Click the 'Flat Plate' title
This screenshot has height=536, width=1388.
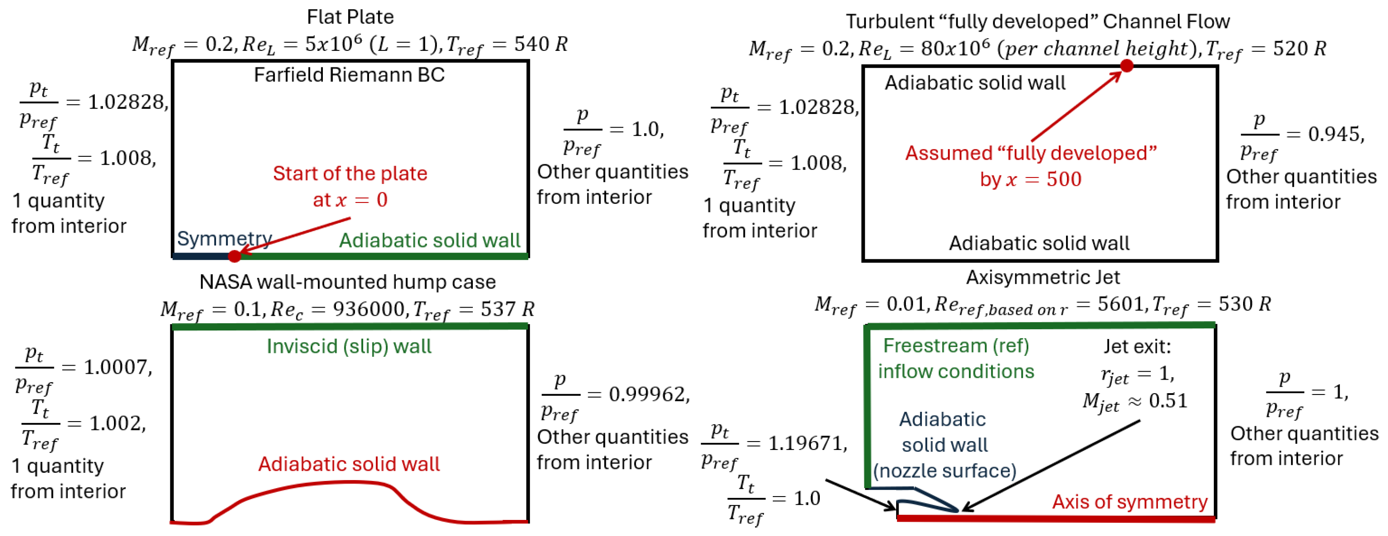click(350, 17)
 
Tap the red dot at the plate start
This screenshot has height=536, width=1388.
click(234, 256)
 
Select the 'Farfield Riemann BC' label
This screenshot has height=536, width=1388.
click(349, 75)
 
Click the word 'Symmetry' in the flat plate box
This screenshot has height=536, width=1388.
click(224, 238)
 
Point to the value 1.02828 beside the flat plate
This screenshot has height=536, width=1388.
click(127, 102)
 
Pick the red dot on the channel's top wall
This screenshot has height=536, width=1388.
click(1127, 66)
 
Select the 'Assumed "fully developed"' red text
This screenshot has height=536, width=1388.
click(1031, 153)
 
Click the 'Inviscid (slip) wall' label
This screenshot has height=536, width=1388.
click(349, 346)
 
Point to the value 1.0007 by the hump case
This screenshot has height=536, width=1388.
click(117, 367)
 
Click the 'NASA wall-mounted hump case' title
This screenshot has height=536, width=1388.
click(347, 282)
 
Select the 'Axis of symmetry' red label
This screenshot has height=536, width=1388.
click(1130, 502)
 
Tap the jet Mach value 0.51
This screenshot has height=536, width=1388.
click(1168, 401)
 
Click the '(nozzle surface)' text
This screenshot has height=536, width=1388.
click(944, 471)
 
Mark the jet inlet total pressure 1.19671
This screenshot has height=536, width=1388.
click(807, 443)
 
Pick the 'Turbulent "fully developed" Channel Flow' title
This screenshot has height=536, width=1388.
click(1038, 22)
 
